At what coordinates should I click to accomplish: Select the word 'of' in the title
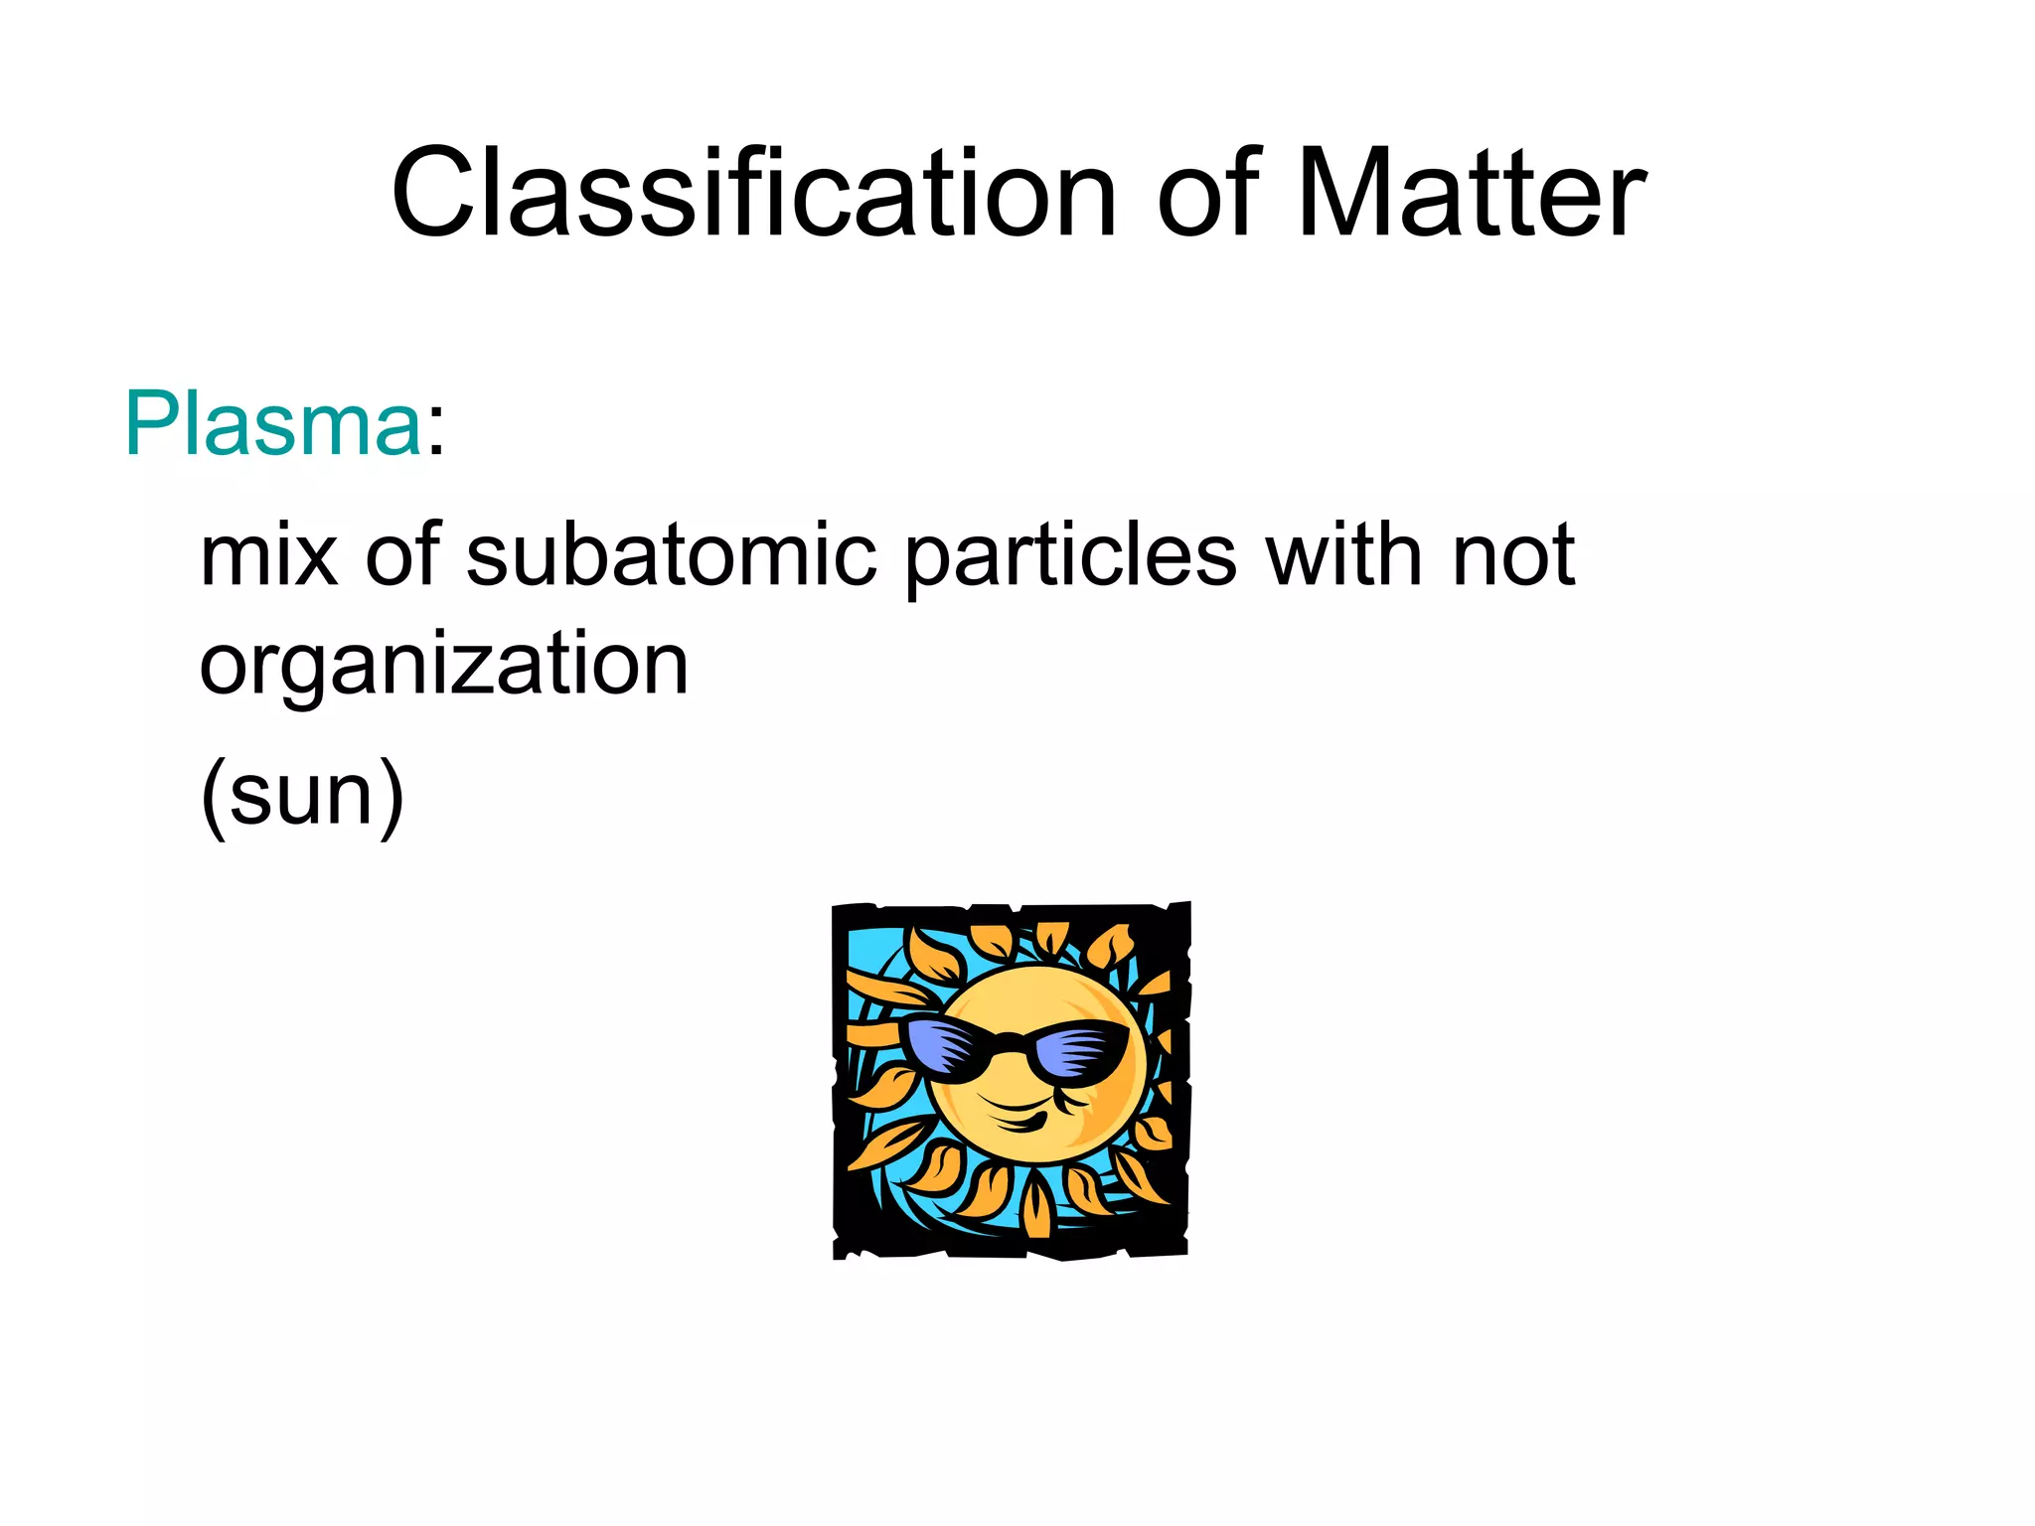point(1208,194)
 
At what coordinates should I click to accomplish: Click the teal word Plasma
point(273,425)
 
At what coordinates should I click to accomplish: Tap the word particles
point(1071,556)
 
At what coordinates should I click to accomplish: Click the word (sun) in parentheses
point(302,795)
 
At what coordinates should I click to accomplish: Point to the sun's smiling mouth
point(1014,1118)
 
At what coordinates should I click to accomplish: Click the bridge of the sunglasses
point(1009,1041)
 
